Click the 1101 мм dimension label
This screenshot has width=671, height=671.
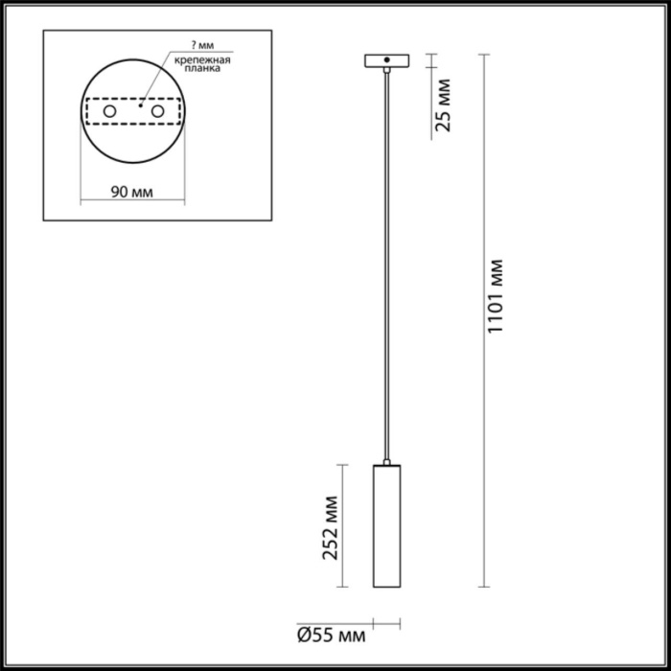pyautogui.click(x=496, y=296)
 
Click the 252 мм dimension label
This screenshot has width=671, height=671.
pyautogui.click(x=329, y=527)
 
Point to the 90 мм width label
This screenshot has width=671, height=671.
pyautogui.click(x=130, y=192)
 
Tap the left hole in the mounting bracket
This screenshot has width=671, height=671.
pyautogui.click(x=110, y=113)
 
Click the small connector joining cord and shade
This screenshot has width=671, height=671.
pyautogui.click(x=386, y=459)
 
